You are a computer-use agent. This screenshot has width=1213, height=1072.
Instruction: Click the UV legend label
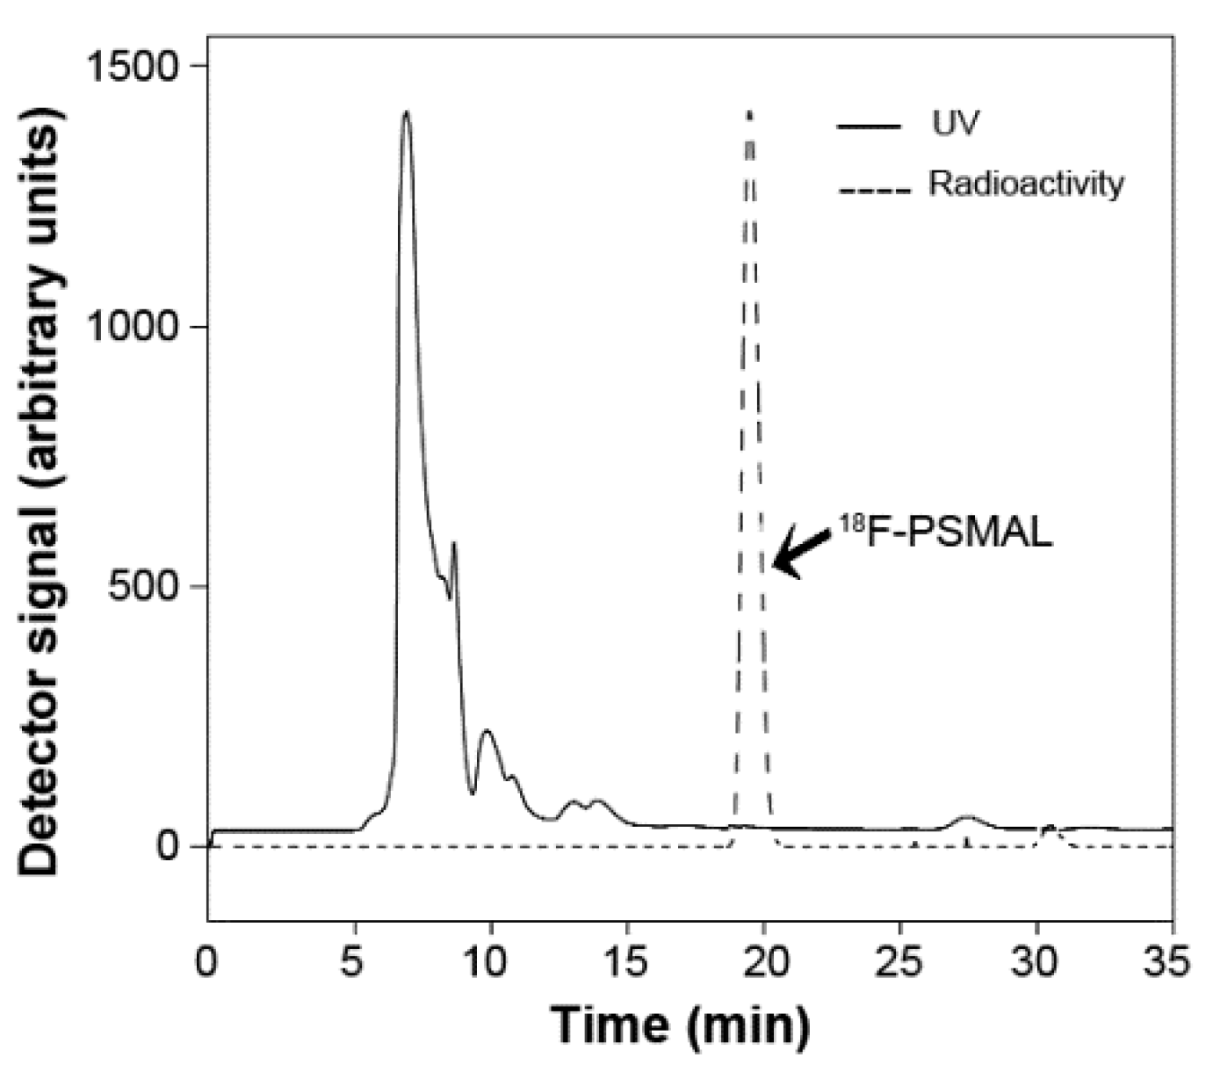tap(955, 124)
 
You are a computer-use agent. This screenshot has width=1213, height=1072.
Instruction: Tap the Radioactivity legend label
tap(1026, 184)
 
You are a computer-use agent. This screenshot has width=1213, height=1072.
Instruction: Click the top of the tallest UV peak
tap(406, 112)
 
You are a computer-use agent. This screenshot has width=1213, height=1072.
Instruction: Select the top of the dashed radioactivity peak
tap(749, 114)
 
